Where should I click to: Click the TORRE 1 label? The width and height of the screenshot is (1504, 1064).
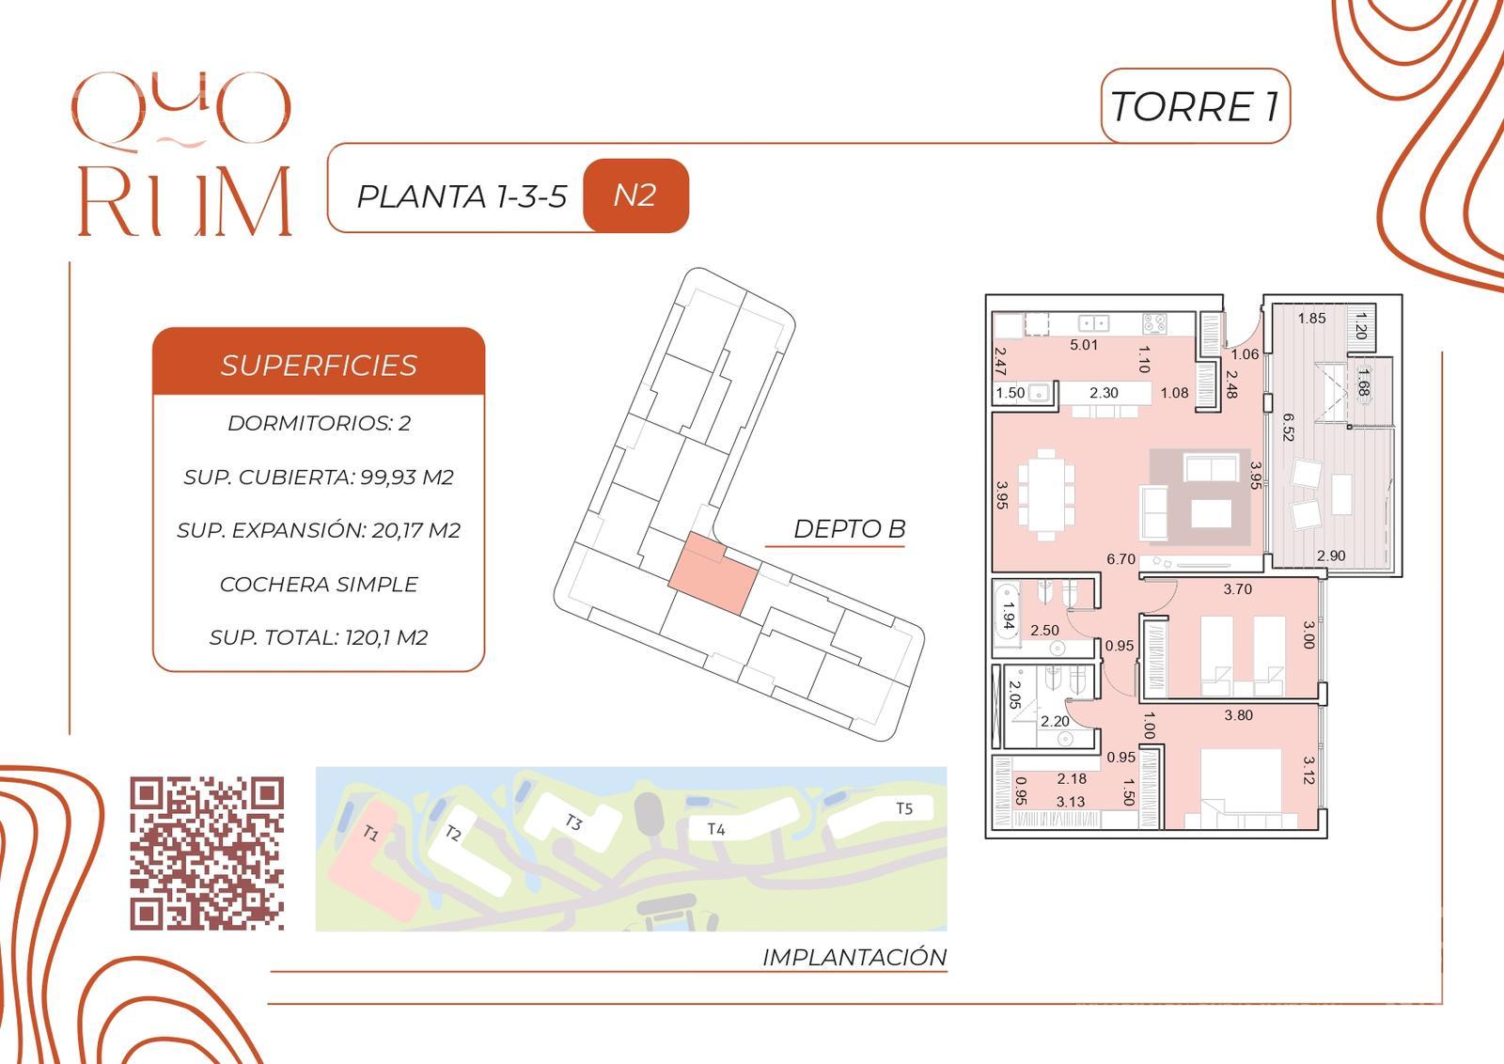click(x=1195, y=107)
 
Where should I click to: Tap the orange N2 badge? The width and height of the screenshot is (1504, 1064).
click(x=635, y=196)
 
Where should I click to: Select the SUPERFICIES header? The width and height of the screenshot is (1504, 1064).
click(x=319, y=366)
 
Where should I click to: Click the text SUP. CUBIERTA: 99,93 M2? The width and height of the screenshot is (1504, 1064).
click(x=319, y=477)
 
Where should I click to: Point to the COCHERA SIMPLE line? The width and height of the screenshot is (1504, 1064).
click(x=319, y=584)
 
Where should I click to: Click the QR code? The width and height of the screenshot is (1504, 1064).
click(x=207, y=853)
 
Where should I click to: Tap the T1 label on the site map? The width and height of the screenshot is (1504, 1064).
click(x=370, y=833)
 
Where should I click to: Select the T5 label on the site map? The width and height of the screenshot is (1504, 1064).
click(x=904, y=808)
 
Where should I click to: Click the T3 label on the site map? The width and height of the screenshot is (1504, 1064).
click(x=572, y=821)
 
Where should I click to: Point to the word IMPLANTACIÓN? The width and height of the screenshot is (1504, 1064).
click(x=854, y=957)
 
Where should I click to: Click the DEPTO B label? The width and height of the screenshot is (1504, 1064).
click(x=850, y=529)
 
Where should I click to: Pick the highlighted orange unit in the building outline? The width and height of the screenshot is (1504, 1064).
click(x=713, y=573)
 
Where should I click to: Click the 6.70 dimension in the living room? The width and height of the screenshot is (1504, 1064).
click(x=1120, y=558)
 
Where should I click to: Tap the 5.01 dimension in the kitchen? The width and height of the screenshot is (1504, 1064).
click(x=1084, y=345)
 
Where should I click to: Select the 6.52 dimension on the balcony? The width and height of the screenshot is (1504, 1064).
click(x=1288, y=427)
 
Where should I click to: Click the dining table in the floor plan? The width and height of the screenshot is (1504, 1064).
click(x=1046, y=494)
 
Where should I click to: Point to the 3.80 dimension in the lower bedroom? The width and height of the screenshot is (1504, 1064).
click(x=1239, y=715)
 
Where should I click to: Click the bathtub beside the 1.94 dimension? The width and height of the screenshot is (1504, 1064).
click(x=1006, y=618)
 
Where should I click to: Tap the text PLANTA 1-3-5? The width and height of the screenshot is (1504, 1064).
click(x=462, y=196)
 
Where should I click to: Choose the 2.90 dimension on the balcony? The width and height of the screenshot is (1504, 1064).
click(x=1331, y=555)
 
